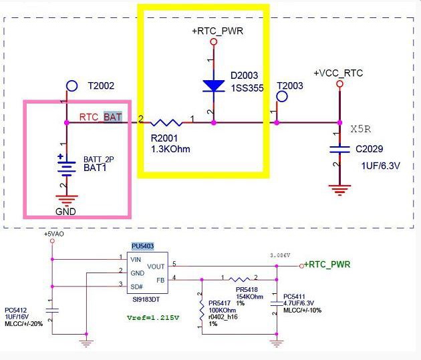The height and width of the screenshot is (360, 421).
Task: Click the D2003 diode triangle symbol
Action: [x=214, y=86]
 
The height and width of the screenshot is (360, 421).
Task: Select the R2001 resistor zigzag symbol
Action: [x=166, y=123]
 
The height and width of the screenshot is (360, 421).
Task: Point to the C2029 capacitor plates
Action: [x=339, y=150]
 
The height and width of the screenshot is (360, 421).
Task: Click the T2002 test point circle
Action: [x=72, y=86]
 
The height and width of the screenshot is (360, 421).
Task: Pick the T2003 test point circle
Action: [x=282, y=97]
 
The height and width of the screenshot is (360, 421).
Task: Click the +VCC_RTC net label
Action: [x=338, y=73]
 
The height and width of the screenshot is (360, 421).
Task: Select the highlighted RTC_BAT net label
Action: [x=101, y=118]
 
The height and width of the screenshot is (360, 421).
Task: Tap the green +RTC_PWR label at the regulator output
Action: [x=327, y=264]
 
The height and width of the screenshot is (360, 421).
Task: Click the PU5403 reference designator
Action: [x=142, y=246]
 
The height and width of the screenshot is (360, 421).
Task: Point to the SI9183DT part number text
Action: [x=146, y=299]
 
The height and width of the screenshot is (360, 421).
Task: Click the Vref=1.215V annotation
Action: [x=153, y=318]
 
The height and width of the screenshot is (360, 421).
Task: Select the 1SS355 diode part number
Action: [x=247, y=88]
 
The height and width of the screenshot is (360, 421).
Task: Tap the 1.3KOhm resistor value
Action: [x=170, y=149]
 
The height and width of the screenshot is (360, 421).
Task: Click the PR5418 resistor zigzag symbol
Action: [x=239, y=280]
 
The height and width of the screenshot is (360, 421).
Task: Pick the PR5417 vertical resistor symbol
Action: [x=202, y=309]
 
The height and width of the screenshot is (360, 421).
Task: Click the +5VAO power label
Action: [x=54, y=234]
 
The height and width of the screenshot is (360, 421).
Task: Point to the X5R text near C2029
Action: [x=361, y=130]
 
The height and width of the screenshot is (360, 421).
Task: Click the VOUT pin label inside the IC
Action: [x=156, y=266]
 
